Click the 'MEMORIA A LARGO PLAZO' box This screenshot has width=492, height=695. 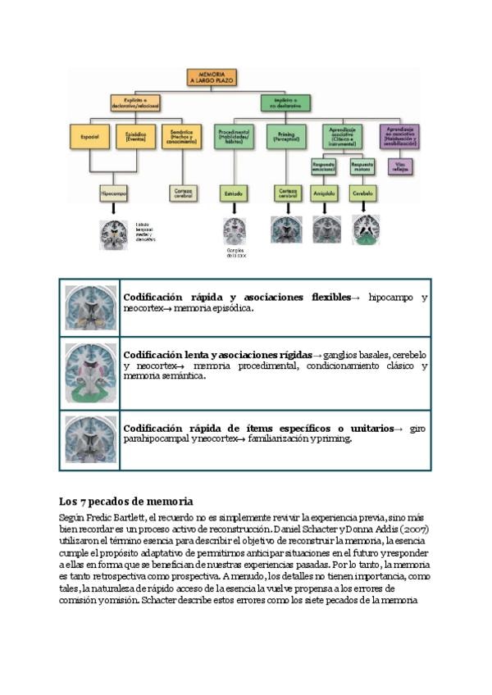212,78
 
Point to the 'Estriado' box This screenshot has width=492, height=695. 234,193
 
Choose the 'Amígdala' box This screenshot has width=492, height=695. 326,193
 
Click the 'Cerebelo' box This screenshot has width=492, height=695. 363,193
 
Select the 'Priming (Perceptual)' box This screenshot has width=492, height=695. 285,136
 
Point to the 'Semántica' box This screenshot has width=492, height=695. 181,136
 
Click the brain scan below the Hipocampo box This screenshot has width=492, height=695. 113,234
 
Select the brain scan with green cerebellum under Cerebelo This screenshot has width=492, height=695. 366,230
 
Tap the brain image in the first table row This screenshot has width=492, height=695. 90,307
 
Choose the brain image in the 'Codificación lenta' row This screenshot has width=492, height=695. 90,373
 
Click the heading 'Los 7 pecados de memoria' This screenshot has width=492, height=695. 125,501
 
